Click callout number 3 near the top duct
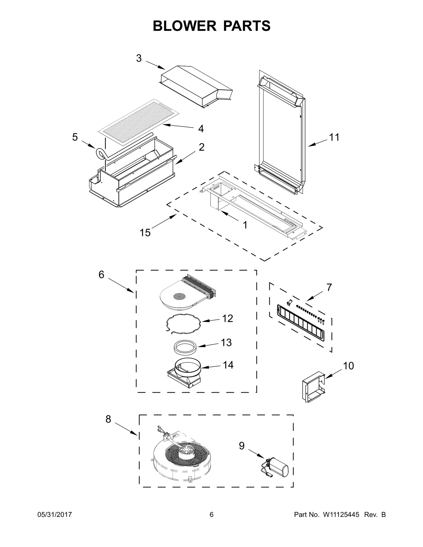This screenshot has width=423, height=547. (139, 58)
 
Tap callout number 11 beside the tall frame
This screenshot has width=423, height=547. (334, 137)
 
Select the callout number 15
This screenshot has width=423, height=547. (145, 233)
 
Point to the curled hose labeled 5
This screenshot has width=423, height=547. (101, 154)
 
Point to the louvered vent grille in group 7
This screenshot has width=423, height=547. (301, 323)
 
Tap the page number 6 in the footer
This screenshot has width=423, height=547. (211, 522)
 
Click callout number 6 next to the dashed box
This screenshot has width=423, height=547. (102, 275)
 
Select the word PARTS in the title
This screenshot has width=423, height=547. (247, 26)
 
